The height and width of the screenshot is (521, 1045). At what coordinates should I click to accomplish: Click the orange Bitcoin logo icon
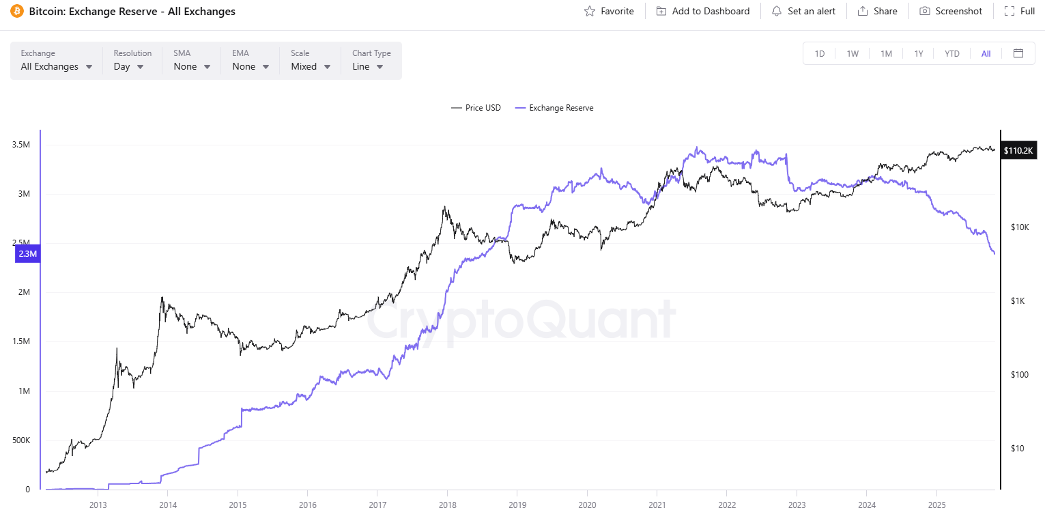(x=17, y=11)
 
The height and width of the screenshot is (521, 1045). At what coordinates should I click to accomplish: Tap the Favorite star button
(x=609, y=11)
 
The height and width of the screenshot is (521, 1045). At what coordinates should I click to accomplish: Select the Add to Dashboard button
(x=702, y=11)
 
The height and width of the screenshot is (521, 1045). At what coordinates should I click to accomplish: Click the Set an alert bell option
(x=803, y=11)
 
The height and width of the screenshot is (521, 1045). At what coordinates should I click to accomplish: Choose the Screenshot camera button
(x=951, y=11)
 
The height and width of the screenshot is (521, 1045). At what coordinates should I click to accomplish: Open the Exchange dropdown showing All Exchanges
(x=57, y=66)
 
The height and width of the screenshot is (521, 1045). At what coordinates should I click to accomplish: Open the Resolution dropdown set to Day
(x=128, y=66)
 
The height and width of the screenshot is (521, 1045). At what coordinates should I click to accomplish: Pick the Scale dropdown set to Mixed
(x=311, y=66)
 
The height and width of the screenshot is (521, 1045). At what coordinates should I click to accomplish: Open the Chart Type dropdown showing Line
(x=368, y=66)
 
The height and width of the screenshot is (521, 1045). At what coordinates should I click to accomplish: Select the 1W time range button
(x=853, y=53)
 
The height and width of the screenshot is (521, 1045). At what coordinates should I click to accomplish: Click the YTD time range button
(x=952, y=53)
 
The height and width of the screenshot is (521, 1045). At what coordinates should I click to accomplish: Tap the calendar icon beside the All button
(x=1018, y=53)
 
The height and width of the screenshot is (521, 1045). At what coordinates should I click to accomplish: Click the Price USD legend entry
(x=476, y=108)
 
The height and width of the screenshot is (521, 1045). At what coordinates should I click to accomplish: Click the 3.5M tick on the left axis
(x=20, y=145)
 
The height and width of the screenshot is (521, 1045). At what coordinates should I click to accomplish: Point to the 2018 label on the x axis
(x=448, y=505)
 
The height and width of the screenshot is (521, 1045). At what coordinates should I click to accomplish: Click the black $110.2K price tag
(x=1019, y=150)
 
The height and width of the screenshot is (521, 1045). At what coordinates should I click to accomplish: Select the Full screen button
(x=1020, y=11)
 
